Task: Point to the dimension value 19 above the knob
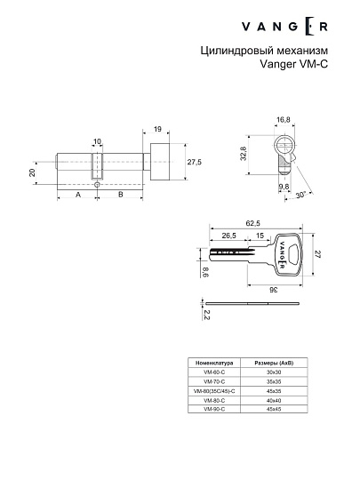156,129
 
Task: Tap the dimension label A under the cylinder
77,194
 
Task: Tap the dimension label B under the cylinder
121,194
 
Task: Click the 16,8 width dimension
284,119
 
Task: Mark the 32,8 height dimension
244,154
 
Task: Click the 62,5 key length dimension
253,225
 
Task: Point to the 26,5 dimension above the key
228,236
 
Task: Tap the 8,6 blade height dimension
204,274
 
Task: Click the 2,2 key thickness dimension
206,314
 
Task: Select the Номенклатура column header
213,364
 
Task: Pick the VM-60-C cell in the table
213,373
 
